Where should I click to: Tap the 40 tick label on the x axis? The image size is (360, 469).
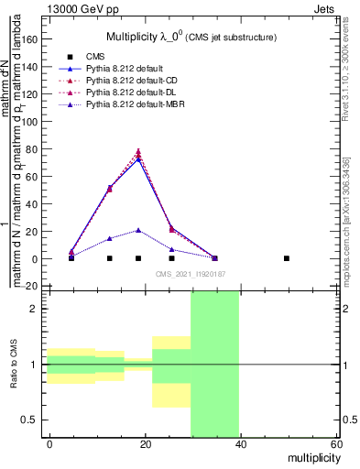[239, 445]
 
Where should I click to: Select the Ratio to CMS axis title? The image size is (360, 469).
[15, 365]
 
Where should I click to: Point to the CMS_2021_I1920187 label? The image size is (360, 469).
[189, 274]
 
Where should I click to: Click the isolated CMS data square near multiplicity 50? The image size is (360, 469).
[287, 258]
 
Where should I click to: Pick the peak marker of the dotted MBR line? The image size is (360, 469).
[138, 230]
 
